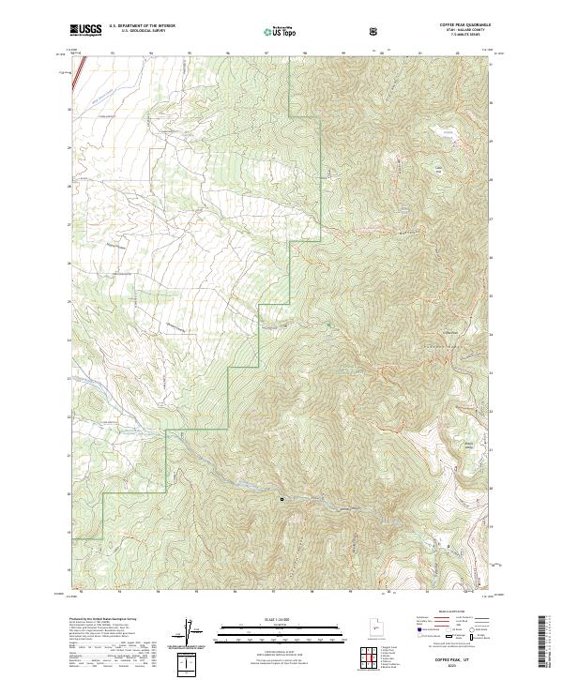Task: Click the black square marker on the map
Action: click(281, 499)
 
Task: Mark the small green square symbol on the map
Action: click(329, 325)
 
